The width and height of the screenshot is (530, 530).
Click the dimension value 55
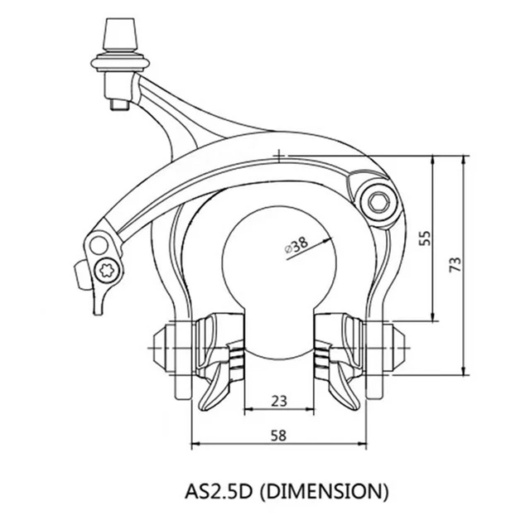426,238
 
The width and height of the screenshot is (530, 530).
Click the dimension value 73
455,264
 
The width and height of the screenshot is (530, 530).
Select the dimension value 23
279,401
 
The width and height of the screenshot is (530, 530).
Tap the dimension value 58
279,436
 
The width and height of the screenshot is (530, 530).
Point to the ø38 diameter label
296,245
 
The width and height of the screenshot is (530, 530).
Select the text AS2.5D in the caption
219,491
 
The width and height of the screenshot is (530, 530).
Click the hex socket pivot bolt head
378,203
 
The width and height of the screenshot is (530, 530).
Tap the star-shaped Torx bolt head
107,271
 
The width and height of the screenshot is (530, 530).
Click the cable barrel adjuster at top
121,34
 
